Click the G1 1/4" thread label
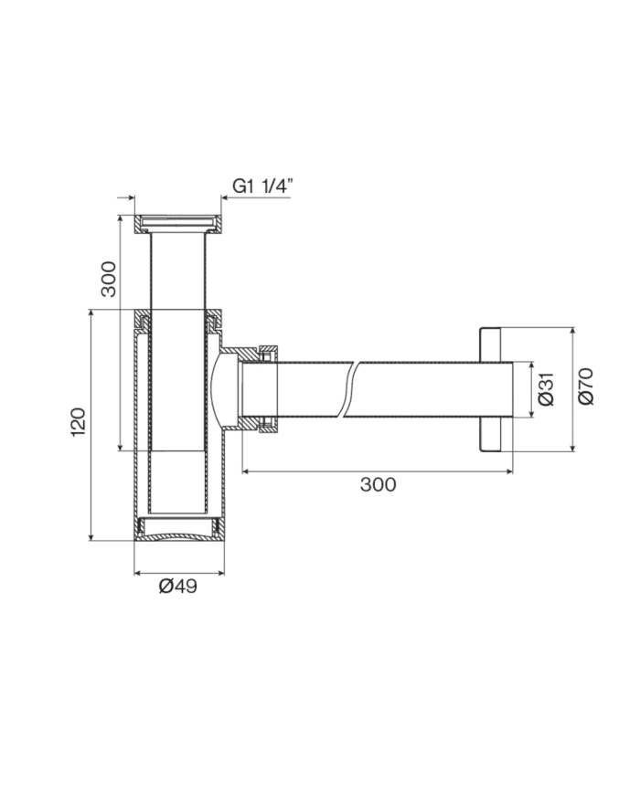tap(261, 185)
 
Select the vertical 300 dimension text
tap(109, 279)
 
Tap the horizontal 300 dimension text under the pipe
tap(378, 484)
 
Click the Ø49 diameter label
tap(178, 586)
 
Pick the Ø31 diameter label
tap(546, 389)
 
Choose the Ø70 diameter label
tap(586, 386)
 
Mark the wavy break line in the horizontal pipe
tap(351, 389)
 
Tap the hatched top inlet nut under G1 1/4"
tap(178, 222)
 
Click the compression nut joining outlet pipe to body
tap(268, 389)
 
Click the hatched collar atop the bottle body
tap(178, 321)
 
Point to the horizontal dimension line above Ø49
tap(178, 573)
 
